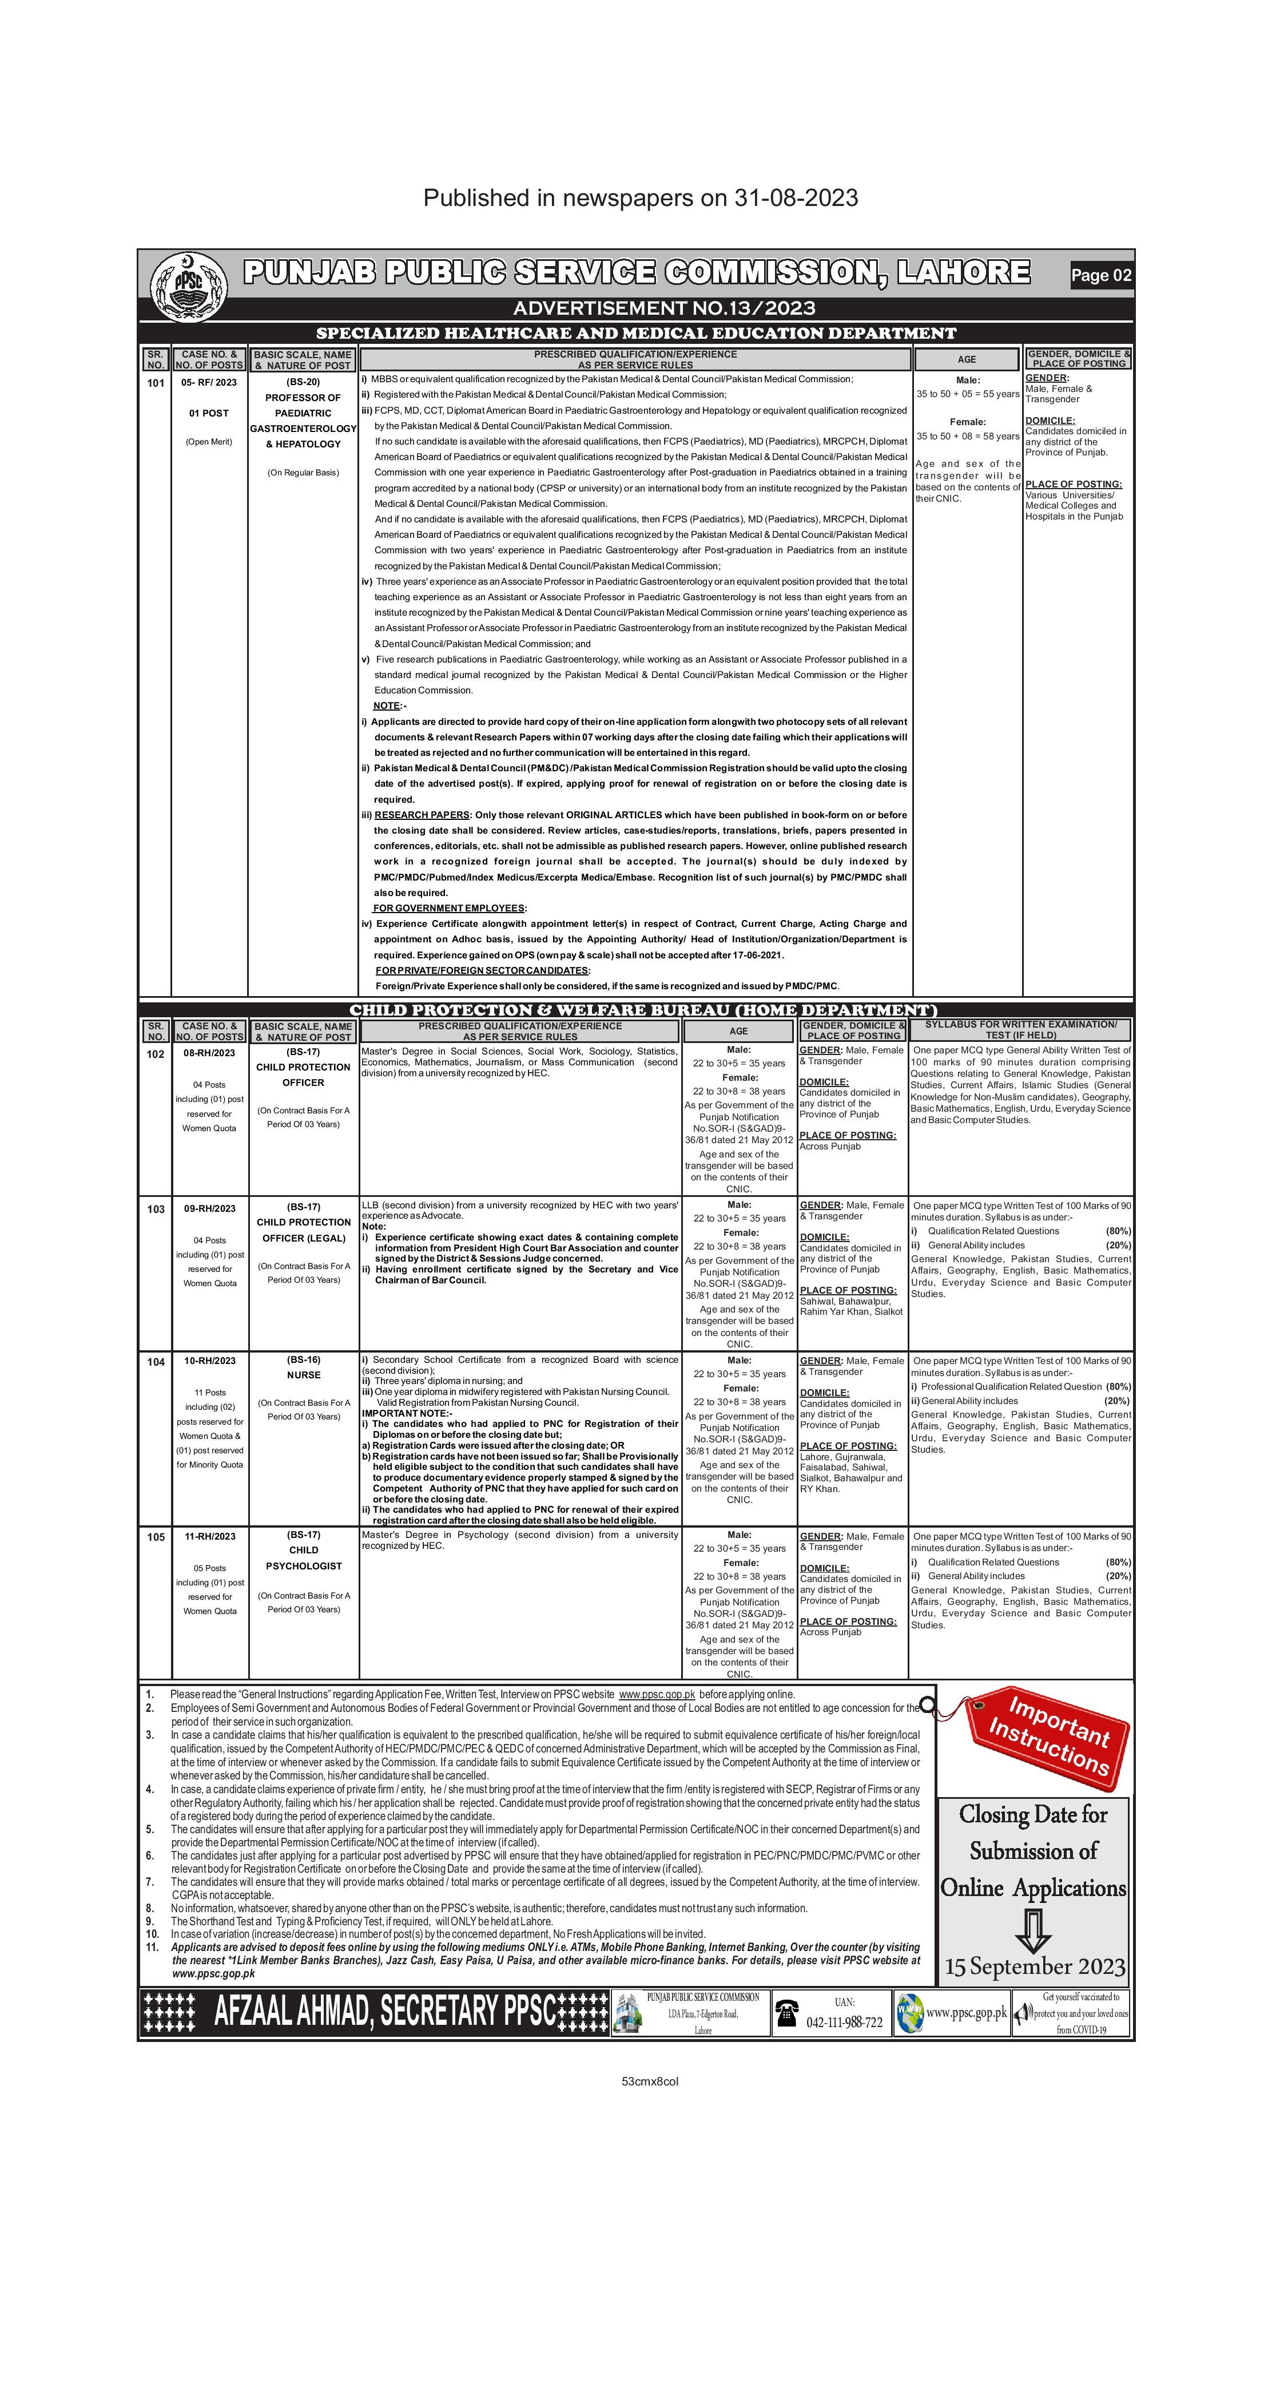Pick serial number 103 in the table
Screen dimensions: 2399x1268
(156, 1209)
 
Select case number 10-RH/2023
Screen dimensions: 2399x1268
(209, 1361)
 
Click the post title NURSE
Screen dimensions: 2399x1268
(304, 1375)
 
